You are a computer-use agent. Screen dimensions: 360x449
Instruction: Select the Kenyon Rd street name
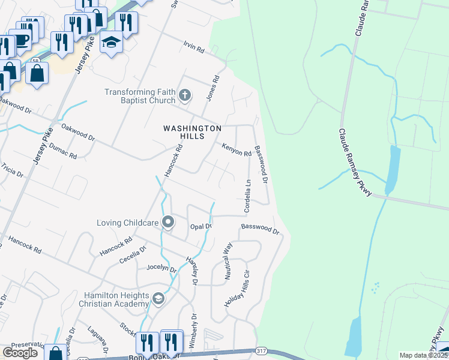tap(237, 149)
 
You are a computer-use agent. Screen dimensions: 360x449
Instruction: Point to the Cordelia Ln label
tap(247, 196)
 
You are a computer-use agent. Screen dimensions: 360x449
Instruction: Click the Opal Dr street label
tap(201, 226)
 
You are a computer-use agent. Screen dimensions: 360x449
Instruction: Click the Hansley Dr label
tap(192, 269)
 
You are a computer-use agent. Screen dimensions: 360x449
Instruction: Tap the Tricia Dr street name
tap(12, 170)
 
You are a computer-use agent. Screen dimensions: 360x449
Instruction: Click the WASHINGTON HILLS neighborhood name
tap(193, 133)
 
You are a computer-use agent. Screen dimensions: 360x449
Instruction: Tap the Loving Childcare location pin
tap(169, 223)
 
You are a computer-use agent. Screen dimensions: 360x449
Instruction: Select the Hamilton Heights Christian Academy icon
tap(158, 298)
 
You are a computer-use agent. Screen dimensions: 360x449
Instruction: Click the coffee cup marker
tap(19, 41)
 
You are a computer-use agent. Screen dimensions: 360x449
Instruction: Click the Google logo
tap(20, 353)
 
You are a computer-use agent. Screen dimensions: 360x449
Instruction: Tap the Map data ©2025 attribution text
tap(423, 355)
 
